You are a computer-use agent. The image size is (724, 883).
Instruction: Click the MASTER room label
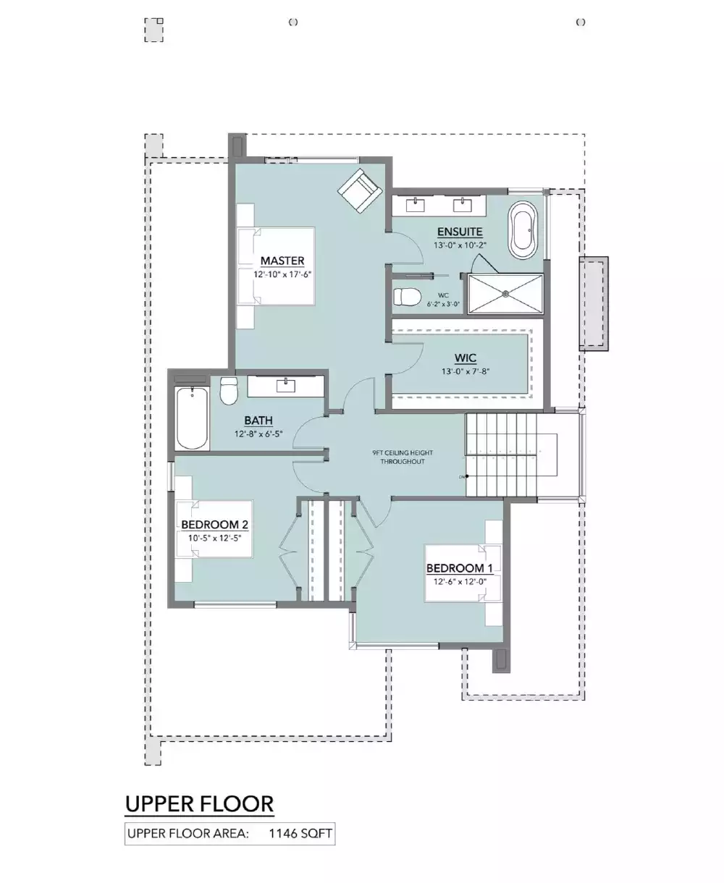click(282, 261)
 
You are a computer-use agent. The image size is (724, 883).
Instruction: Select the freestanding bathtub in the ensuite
click(523, 230)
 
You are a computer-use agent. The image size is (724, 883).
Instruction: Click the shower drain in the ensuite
click(505, 294)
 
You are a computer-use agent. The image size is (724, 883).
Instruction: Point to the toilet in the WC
click(407, 297)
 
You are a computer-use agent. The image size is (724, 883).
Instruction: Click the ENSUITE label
click(460, 232)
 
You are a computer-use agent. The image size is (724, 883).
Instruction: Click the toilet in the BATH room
click(230, 390)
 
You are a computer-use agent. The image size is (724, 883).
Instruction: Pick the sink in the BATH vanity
click(287, 384)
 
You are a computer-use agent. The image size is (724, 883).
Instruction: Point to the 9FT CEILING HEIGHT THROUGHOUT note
click(403, 457)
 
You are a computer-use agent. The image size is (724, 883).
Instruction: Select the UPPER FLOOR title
click(199, 803)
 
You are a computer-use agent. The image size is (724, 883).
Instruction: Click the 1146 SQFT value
click(300, 834)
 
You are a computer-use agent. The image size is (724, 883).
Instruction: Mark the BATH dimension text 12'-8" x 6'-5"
click(258, 434)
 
